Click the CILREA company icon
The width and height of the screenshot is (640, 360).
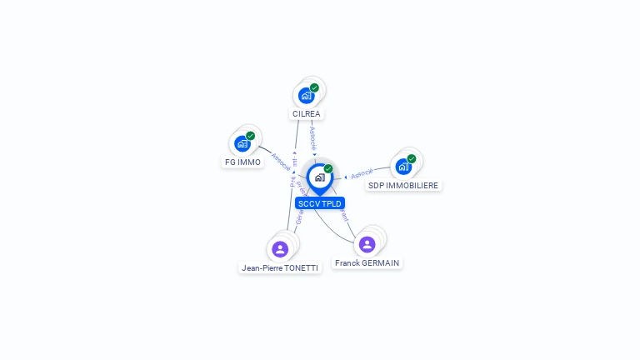[307, 96]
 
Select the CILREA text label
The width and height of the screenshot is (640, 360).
[307, 113]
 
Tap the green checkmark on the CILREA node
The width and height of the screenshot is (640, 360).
[314, 87]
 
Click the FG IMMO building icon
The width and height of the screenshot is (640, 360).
[242, 143]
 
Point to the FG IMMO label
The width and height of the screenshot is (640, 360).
[242, 162]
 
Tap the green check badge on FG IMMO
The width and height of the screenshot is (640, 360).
[250, 136]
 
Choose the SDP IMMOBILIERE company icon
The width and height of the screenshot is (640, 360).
[403, 166]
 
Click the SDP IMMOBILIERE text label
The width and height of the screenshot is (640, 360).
[403, 185]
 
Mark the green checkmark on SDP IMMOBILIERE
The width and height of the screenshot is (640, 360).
[411, 158]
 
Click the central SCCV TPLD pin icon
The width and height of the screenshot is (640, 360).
[319, 177]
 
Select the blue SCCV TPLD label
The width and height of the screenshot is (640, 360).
[320, 202]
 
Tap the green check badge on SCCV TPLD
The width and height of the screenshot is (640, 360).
[328, 169]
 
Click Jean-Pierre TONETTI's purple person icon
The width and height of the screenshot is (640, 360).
[280, 248]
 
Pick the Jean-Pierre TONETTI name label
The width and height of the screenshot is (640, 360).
[280, 268]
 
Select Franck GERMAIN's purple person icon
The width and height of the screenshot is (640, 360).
[367, 243]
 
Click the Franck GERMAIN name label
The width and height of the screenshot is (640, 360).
[367, 262]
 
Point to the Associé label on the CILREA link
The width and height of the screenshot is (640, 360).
[312, 138]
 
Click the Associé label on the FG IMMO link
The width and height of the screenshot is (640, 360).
[281, 161]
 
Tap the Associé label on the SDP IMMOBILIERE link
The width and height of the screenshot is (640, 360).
[362, 173]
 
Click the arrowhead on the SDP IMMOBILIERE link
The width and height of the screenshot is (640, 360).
[346, 177]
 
